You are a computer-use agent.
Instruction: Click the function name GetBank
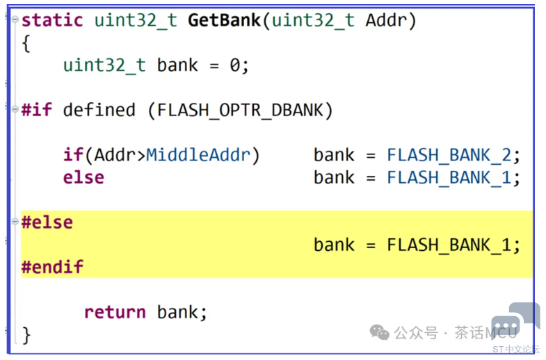coord(223,20)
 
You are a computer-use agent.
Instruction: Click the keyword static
coord(53,20)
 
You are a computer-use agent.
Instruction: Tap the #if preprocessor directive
coord(36,110)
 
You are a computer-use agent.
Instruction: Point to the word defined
coord(99,110)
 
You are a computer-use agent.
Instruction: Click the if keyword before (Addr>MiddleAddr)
coord(73,154)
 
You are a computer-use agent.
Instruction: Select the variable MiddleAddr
coord(198,154)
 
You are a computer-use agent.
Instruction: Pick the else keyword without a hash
coord(83,177)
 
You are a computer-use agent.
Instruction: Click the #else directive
coord(47,222)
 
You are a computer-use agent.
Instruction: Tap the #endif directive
coord(52,267)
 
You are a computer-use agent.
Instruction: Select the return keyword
coord(115,312)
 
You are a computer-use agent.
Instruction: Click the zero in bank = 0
coord(235,65)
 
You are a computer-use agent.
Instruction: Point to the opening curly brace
coord(26,43)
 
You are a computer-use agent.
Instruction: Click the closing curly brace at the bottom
coord(26,334)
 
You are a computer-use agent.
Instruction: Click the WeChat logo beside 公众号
coord(380,333)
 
